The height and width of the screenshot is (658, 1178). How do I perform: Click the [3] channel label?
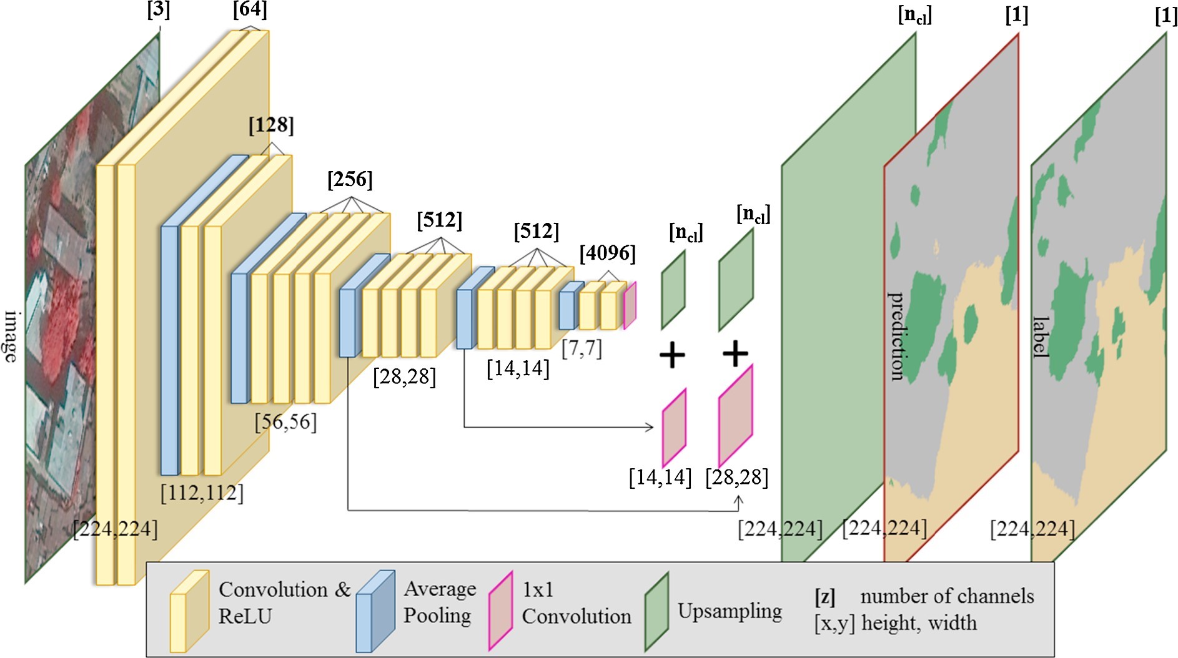tap(158, 11)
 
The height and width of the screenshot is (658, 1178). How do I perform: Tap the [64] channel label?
tap(250, 9)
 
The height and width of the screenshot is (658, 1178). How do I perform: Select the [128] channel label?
tap(271, 125)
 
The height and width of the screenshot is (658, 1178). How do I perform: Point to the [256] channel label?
tap(350, 180)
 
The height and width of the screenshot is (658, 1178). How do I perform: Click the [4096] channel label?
tap(607, 253)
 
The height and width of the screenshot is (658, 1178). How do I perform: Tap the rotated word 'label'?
tap(1040, 337)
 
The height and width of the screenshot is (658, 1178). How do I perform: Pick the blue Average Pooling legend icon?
tap(375, 612)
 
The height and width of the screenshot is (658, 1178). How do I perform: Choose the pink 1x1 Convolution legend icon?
tap(500, 612)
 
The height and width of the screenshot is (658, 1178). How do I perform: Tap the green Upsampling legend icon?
tap(656, 612)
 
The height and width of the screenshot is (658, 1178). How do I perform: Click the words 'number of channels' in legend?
tap(946, 596)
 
